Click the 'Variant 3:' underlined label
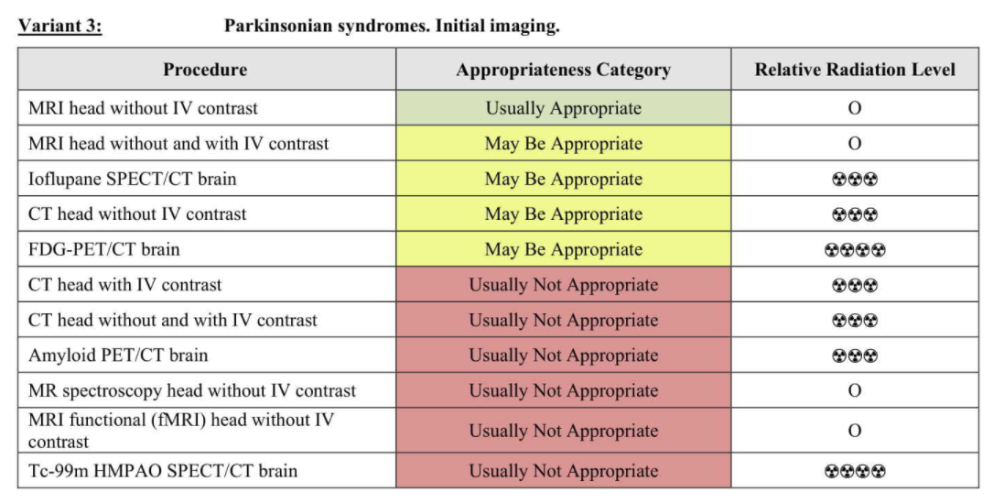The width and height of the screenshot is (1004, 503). coord(59,27)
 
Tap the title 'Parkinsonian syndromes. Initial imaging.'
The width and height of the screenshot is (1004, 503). coord(392,27)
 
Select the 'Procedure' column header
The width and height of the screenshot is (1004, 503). coord(205,70)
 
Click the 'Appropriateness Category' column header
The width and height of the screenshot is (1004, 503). coord(564,70)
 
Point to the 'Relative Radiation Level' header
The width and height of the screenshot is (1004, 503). coord(855,70)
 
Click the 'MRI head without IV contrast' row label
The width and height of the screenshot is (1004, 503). coord(143,107)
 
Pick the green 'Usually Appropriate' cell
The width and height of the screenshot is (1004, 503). coord(564,107)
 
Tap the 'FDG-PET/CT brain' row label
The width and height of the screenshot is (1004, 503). coord(103,248)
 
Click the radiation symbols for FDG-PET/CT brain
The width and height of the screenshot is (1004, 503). coord(855,249)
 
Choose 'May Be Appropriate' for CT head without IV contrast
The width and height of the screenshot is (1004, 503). coord(564,213)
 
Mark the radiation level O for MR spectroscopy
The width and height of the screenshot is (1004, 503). coord(855,390)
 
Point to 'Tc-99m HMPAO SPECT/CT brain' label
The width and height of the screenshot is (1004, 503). coord(163,470)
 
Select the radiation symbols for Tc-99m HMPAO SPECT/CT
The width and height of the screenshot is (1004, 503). coord(855,471)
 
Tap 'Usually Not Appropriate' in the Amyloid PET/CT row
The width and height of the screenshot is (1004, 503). coord(564,355)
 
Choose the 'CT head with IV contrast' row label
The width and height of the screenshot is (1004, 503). coord(124,284)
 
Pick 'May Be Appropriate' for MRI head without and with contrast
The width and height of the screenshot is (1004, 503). coord(564,143)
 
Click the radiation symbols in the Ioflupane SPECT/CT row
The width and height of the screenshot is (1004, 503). coord(855,179)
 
